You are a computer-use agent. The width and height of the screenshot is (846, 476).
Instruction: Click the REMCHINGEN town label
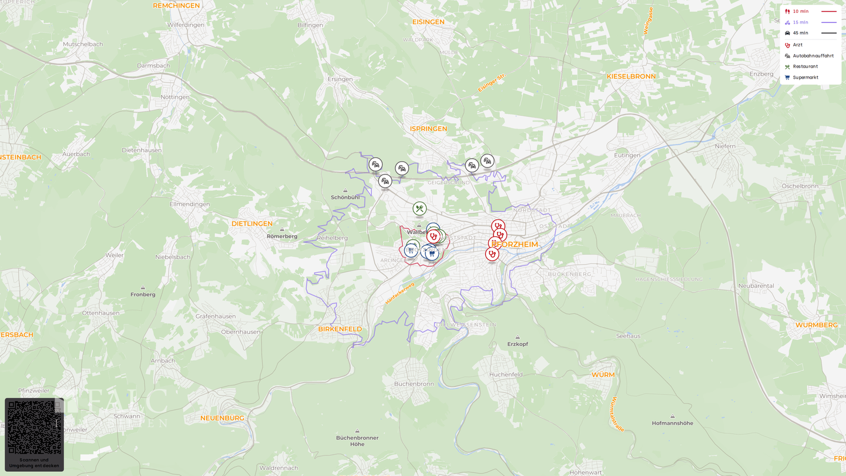(176, 6)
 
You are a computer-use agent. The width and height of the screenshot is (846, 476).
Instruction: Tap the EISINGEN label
(428, 22)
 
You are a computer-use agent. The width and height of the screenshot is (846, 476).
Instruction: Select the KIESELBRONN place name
(631, 76)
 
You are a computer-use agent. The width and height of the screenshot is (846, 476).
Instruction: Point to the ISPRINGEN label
(428, 129)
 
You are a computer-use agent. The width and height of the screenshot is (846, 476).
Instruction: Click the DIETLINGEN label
(251, 224)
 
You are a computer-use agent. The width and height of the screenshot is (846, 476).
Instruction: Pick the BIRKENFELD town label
(340, 329)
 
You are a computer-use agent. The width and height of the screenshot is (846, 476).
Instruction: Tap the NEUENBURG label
(222, 418)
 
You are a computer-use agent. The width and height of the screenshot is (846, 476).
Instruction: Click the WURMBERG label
(816, 325)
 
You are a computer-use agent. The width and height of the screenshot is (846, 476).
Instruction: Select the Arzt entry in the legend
(797, 45)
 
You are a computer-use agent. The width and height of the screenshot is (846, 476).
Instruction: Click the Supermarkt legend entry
(805, 78)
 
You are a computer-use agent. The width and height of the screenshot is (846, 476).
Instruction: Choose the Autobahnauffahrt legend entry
(813, 56)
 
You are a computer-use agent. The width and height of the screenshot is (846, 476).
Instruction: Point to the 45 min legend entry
(800, 33)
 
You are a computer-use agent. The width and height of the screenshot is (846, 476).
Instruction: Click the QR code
(34, 427)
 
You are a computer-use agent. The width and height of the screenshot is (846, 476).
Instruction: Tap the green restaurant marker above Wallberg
(419, 209)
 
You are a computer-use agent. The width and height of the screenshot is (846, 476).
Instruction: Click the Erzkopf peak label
(518, 344)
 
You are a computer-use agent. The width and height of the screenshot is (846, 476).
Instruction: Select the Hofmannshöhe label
(672, 423)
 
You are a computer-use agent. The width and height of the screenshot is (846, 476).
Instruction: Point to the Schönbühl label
(345, 197)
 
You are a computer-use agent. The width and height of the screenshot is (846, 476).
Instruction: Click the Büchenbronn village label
(414, 384)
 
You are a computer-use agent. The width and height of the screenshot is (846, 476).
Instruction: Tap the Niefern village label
(725, 146)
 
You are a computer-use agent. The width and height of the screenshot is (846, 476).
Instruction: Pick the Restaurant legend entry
(805, 67)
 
